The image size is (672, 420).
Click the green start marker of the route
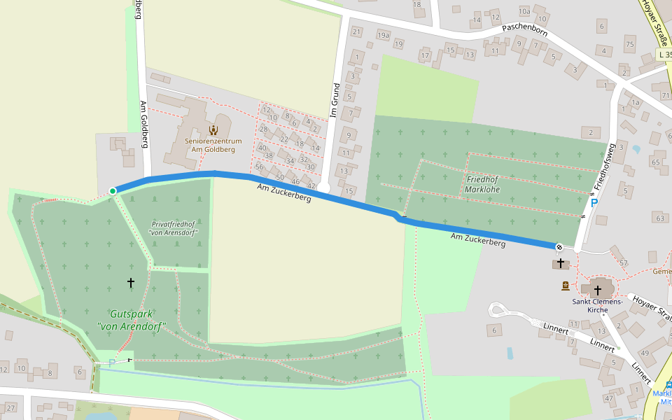[x=113, y=190]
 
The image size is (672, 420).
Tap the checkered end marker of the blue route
[x=559, y=246]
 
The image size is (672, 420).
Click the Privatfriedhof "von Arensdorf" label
[x=173, y=228]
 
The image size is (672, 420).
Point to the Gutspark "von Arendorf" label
[x=136, y=320]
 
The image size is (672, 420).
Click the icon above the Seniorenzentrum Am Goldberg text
[x=213, y=129]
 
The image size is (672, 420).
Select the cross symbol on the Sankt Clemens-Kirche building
[x=597, y=289]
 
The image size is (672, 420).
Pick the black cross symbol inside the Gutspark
[x=131, y=282]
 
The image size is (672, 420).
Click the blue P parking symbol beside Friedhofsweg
[x=594, y=204]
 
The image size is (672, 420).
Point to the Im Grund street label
[x=336, y=99]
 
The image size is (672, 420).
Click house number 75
[x=629, y=45]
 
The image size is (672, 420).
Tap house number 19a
[x=383, y=34]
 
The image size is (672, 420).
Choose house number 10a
[x=524, y=11]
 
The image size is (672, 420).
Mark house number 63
[x=659, y=218]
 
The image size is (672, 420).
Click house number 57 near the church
[x=624, y=263]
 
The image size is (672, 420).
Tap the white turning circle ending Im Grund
[x=324, y=188]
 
